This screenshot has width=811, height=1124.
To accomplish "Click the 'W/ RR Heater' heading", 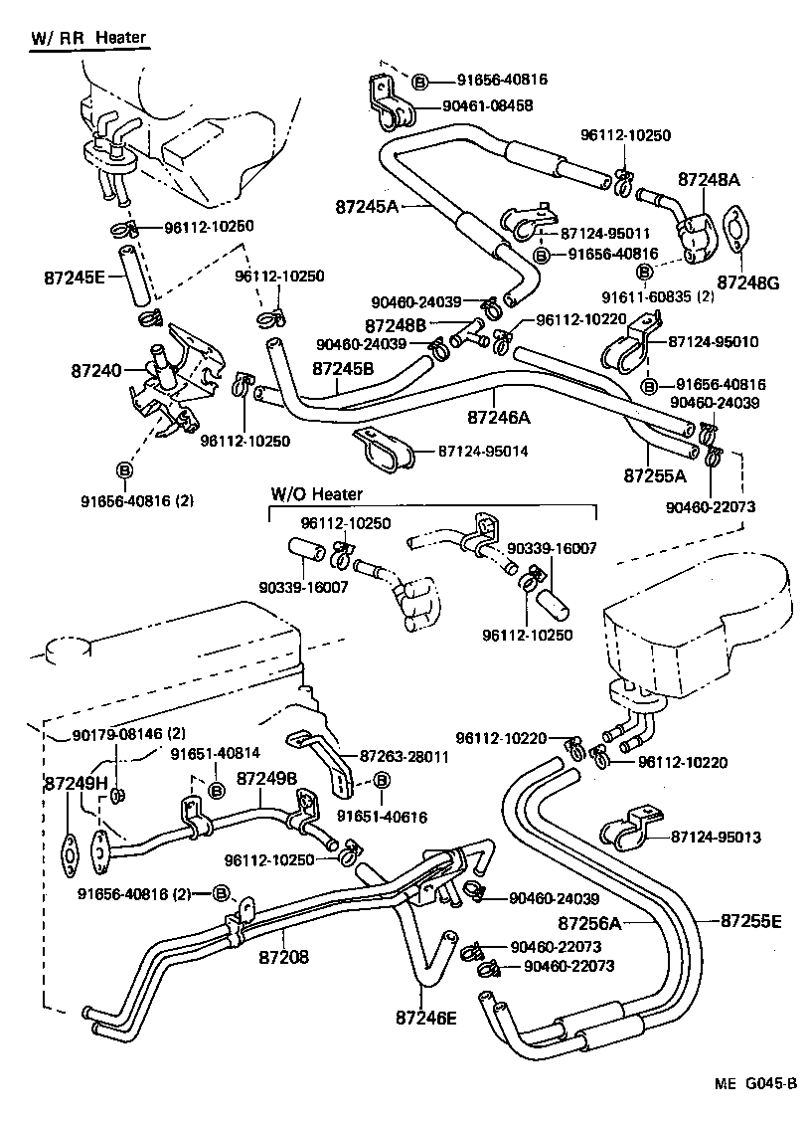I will [87, 38].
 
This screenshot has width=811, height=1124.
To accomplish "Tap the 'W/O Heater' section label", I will [317, 493].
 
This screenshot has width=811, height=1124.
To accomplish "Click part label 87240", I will [95, 371].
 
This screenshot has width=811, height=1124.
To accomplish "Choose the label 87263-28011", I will [405, 756].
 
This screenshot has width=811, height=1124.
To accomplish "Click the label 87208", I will [283, 958].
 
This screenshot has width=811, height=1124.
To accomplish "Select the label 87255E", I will [745, 921].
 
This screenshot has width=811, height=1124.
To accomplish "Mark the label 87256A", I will [588, 922].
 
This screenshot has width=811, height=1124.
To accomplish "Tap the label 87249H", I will [75, 783].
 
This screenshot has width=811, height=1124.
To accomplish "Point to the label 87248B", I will [395, 325].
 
